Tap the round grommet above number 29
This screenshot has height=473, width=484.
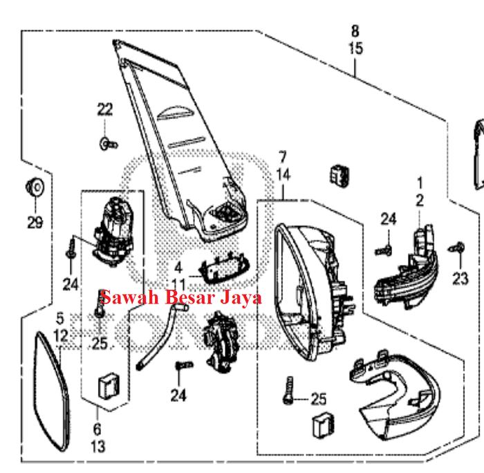pyautogui.click(x=35, y=186)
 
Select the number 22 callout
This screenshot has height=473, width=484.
pyautogui.click(x=104, y=109)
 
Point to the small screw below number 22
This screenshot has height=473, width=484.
pyautogui.click(x=107, y=144)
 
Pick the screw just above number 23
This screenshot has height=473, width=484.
pyautogui.click(x=456, y=247)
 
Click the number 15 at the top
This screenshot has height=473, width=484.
pyautogui.click(x=355, y=49)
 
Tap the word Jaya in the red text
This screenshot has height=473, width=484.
pyautogui.click(x=245, y=298)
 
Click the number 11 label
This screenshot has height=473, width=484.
pyautogui.click(x=178, y=285)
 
